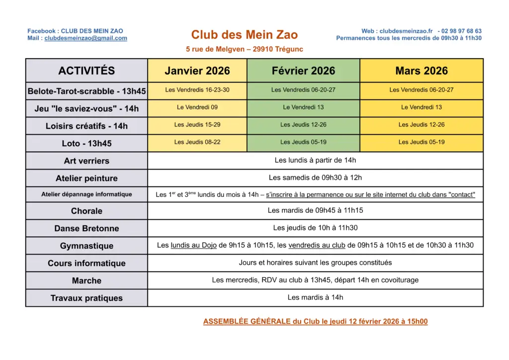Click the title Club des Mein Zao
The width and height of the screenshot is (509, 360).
coord(245,34)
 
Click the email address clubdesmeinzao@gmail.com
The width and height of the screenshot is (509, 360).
coord(85,38)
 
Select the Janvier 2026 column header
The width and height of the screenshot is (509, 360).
coord(197,71)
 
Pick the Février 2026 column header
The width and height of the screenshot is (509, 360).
coord(303,71)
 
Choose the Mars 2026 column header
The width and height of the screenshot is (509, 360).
coord(422,71)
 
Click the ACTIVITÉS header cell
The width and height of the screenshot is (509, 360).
coord(86,71)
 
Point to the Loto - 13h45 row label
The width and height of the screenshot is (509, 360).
coord(86,144)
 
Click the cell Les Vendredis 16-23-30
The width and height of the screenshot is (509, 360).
coord(197,90)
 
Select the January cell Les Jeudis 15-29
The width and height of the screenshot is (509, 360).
coord(197,125)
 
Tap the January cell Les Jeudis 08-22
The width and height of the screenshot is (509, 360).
coord(197,142)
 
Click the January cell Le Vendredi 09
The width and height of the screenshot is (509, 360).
coord(197,107)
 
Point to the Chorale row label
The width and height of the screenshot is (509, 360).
coord(86,211)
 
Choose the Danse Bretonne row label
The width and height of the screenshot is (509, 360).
coord(86,229)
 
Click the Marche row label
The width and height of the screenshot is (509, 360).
coord(86,281)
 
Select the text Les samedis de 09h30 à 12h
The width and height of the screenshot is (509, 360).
coord(315,178)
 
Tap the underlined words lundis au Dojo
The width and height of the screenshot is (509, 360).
coord(193,245)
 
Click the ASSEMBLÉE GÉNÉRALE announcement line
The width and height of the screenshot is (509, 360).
coord(315,322)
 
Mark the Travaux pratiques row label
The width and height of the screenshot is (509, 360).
coord(86,298)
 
